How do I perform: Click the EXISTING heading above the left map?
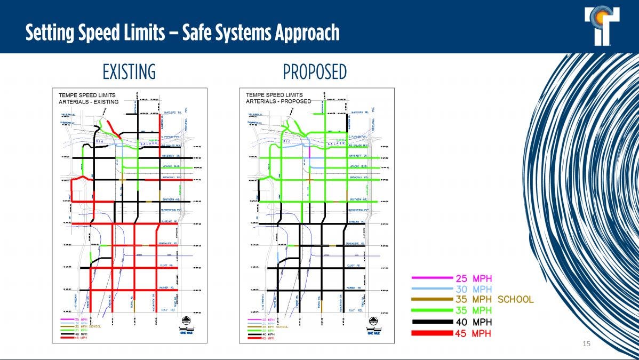click(x=129, y=72)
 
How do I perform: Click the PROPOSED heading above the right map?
click(x=315, y=72)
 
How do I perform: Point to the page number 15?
click(x=586, y=344)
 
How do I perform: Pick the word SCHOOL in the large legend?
click(x=515, y=300)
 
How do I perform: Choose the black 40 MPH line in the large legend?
click(x=432, y=322)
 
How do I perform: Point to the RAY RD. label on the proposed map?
click(x=356, y=310)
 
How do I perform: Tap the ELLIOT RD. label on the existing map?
click(x=167, y=266)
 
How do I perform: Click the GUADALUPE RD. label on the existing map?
click(x=170, y=243)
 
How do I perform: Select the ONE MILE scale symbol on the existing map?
click(x=186, y=323)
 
